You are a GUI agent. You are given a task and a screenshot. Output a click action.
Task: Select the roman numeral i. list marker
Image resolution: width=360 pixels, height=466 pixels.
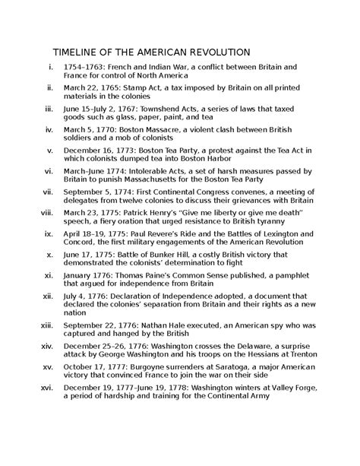coord(51,68)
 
